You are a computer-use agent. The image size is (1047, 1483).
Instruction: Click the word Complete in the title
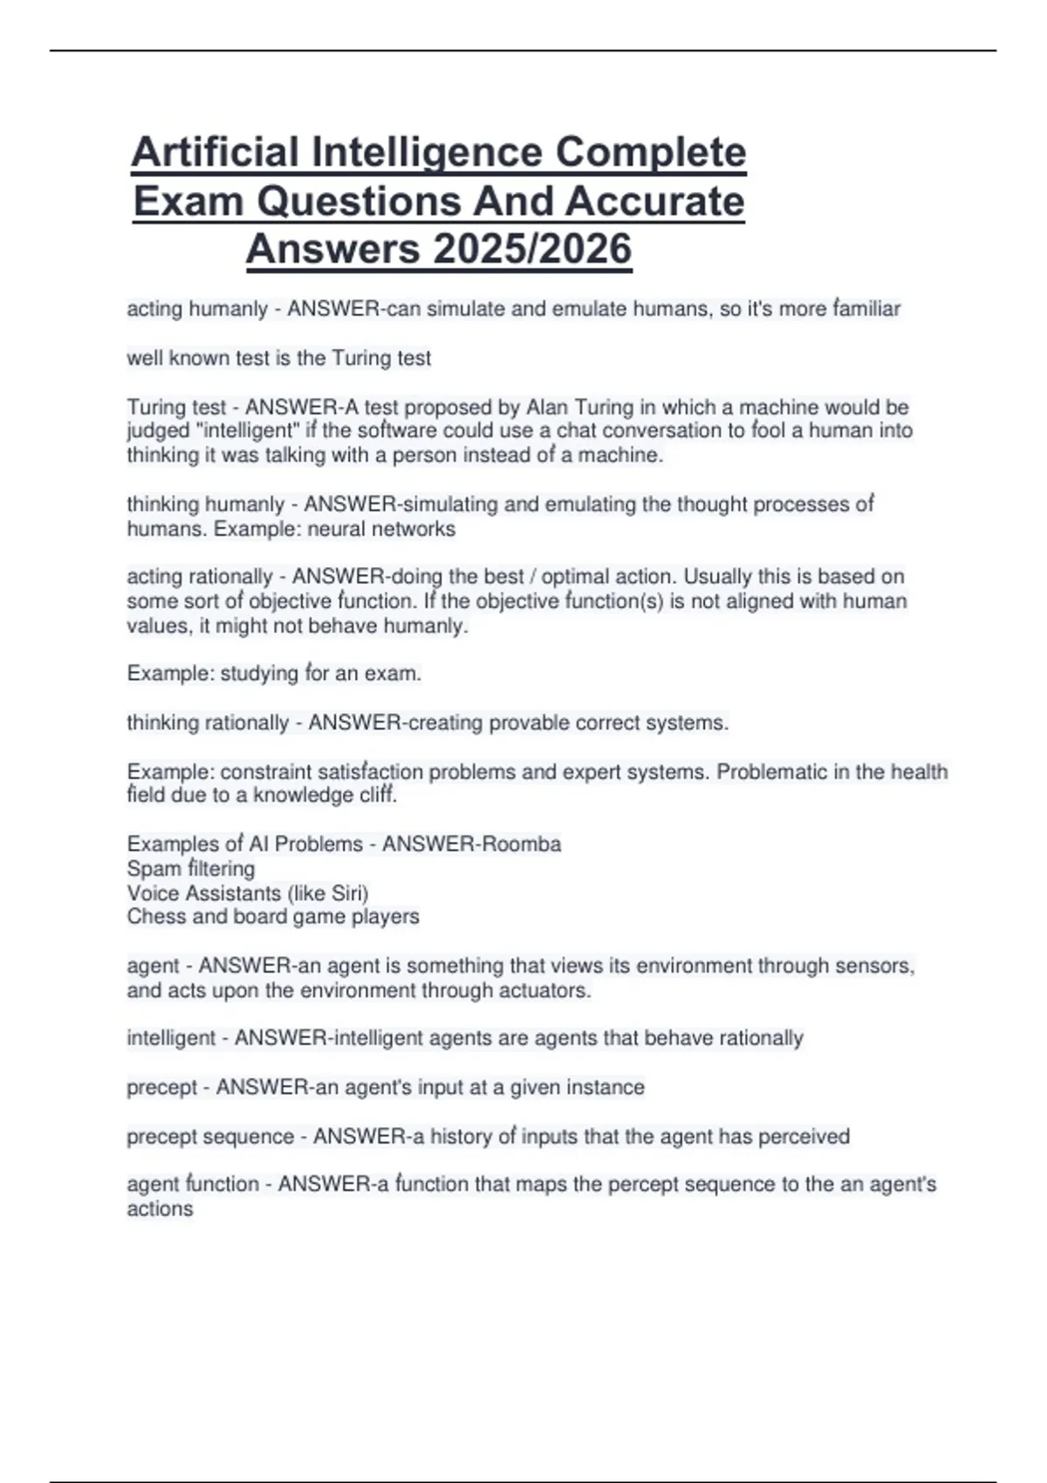pos(650,153)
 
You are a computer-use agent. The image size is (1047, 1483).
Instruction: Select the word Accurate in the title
pos(654,202)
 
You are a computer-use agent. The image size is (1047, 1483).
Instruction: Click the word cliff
pos(378,796)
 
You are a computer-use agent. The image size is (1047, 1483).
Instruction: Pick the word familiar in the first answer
pos(866,309)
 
